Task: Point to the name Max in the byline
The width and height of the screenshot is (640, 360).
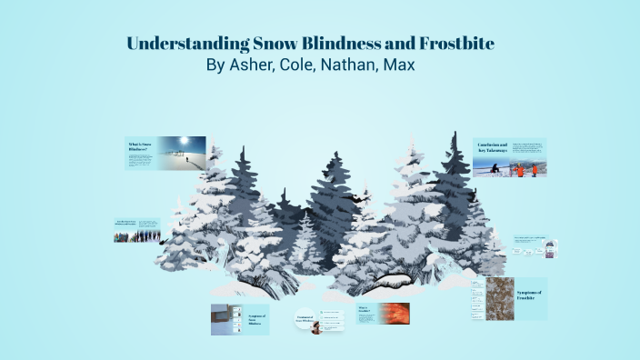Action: [410, 66]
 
